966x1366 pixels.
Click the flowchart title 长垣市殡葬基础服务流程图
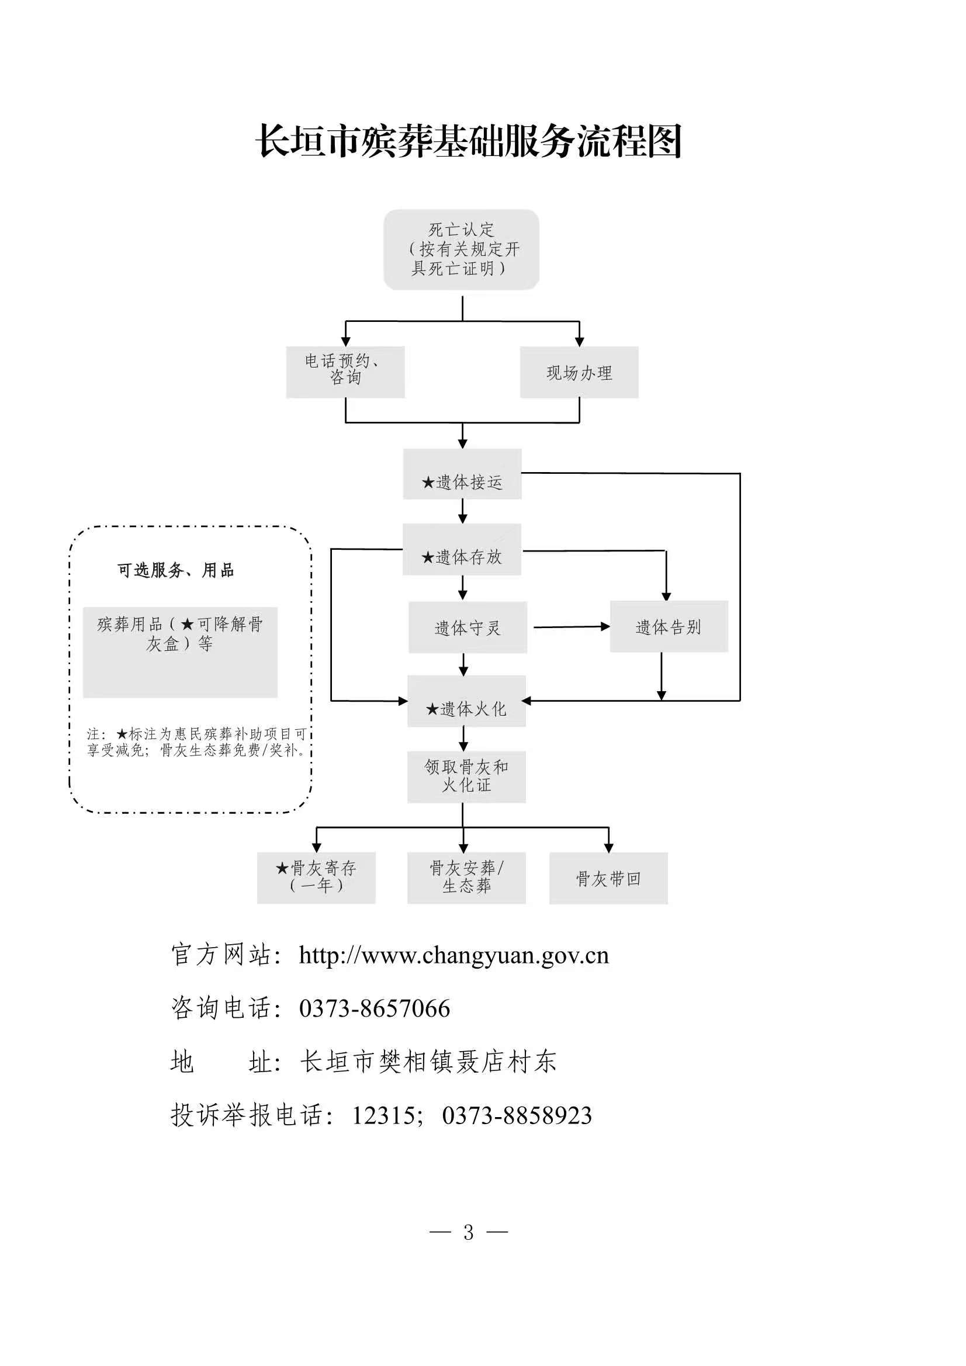click(469, 141)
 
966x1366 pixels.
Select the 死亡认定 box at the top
click(461, 249)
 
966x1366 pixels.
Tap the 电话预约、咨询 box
click(345, 372)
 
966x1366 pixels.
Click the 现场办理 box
click(579, 372)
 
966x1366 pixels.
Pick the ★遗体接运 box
click(462, 474)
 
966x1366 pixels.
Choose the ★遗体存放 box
click(462, 550)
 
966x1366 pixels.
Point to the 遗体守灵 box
click(468, 627)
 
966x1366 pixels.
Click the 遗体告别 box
click(669, 626)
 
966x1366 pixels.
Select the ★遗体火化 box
click(466, 702)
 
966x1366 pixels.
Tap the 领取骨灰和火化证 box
click(466, 776)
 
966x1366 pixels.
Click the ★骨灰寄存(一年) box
click(316, 878)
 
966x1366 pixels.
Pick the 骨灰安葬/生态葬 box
click(466, 878)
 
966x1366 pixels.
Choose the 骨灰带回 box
click(608, 878)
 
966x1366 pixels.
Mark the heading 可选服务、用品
click(175, 570)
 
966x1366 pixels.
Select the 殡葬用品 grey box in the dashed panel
click(180, 652)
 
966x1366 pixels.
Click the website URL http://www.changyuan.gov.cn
click(453, 955)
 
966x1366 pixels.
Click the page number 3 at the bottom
click(469, 1232)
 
